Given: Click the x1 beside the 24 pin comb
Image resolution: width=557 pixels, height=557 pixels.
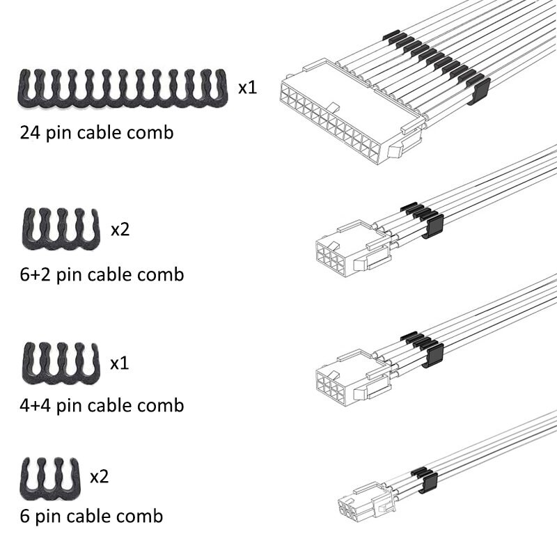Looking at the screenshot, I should pos(248,88).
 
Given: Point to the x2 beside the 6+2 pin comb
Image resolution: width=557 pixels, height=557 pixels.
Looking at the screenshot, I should pos(120,230).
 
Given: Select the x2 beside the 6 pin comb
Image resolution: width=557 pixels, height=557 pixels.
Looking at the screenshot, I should pos(100,477).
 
